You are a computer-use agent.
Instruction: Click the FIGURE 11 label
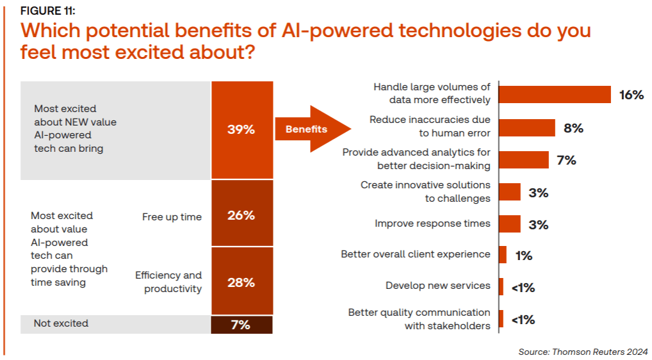(48, 10)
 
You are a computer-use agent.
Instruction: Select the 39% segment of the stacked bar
(241, 129)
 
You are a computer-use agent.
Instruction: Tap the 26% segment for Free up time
(241, 215)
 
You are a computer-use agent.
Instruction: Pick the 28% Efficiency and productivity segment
(241, 282)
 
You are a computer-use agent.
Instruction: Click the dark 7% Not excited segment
(241, 325)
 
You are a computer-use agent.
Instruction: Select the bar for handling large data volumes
(555, 94)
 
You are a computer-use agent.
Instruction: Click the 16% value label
(631, 95)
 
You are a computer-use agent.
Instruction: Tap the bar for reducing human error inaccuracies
(526, 127)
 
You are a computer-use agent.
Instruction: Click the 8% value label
(573, 128)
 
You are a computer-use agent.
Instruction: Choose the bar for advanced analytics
(523, 160)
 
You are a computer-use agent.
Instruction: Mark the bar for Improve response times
(509, 224)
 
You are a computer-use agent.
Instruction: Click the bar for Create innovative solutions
(509, 192)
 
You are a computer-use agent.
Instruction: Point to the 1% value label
(523, 256)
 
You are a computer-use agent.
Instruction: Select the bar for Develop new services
(501, 286)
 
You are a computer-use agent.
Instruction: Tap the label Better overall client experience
(415, 254)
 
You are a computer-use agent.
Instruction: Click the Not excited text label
(61, 323)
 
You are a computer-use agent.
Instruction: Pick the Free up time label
(172, 217)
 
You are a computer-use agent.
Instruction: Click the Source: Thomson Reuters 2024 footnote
(583, 352)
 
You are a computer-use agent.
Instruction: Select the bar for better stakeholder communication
(501, 318)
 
